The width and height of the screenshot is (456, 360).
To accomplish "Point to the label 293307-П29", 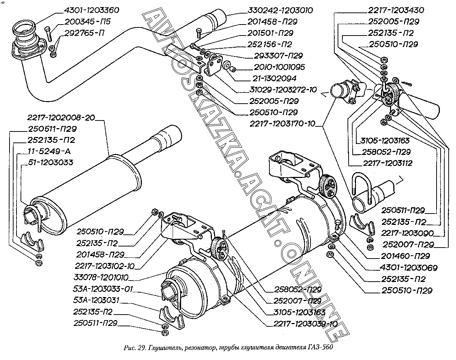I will click(279, 56).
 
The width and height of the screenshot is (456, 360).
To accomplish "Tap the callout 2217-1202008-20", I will click(61, 118).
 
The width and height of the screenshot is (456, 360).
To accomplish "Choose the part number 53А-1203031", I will click(96, 301).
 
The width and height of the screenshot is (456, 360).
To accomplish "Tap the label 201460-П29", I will click(405, 256).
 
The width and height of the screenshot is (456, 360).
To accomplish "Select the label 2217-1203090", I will click(408, 233).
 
